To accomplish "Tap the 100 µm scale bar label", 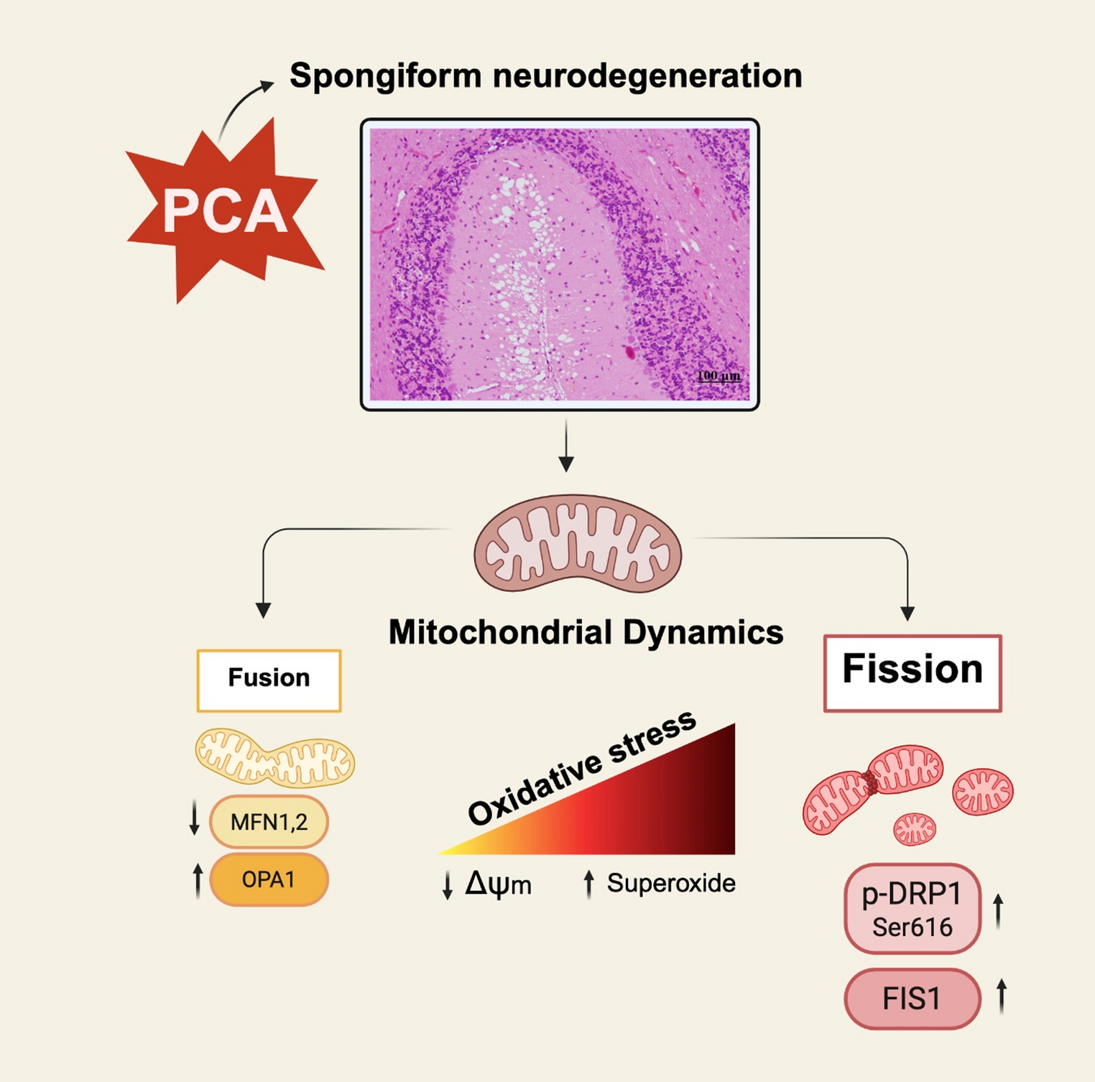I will point(719,376).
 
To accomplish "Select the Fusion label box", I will point(269,680).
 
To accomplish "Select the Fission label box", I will point(912,672).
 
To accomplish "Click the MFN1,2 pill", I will point(269,821).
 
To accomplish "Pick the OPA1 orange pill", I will point(269,879).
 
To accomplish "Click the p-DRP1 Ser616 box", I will point(912,909).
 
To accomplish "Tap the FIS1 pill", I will point(912,999).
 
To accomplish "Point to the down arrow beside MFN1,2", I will point(194,819).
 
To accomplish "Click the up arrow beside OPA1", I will point(198,881).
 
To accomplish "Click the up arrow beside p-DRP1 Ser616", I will point(998,911).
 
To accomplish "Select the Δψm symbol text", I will point(498,884).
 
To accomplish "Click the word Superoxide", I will point(670,883).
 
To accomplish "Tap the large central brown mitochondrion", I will point(577,544).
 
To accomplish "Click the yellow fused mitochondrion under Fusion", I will point(275,757).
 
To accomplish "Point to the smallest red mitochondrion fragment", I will point(914,828).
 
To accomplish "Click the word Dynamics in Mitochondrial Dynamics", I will point(703,633).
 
